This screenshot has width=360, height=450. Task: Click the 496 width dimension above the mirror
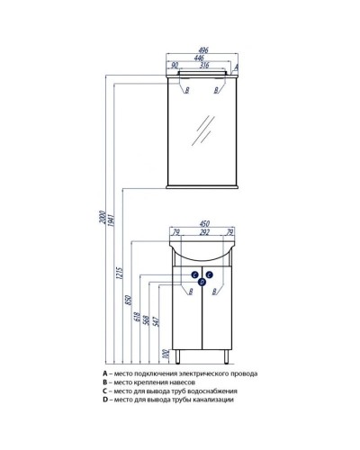pyautogui.click(x=203, y=50)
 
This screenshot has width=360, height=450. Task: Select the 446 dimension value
pyautogui.click(x=199, y=58)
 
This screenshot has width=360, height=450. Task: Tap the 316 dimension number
pyautogui.click(x=204, y=65)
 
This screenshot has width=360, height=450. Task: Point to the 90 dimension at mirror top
pyautogui.click(x=175, y=65)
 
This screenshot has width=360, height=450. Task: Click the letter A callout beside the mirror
pyautogui.click(x=236, y=67)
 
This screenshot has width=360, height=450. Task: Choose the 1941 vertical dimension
pyautogui.click(x=111, y=220)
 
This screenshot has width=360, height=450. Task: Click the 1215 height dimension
pyautogui.click(x=120, y=274)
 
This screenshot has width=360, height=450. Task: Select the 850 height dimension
pyautogui.click(x=129, y=300)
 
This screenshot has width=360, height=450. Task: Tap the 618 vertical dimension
pyautogui.click(x=137, y=318)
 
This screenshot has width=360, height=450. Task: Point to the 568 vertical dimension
pyautogui.click(x=147, y=320)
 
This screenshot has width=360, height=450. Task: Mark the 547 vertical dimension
pyautogui.click(x=156, y=321)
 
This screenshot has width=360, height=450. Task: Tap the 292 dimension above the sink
pyautogui.click(x=204, y=231)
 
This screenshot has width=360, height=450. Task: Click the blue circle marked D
pyautogui.click(x=202, y=282)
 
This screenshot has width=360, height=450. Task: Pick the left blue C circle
pyautogui.click(x=195, y=274)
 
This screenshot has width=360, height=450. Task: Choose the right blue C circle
pyautogui.click(x=210, y=274)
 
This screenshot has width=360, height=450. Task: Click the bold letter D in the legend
pyautogui.click(x=105, y=400)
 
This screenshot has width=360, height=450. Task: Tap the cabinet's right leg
pyautogui.click(x=227, y=357)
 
